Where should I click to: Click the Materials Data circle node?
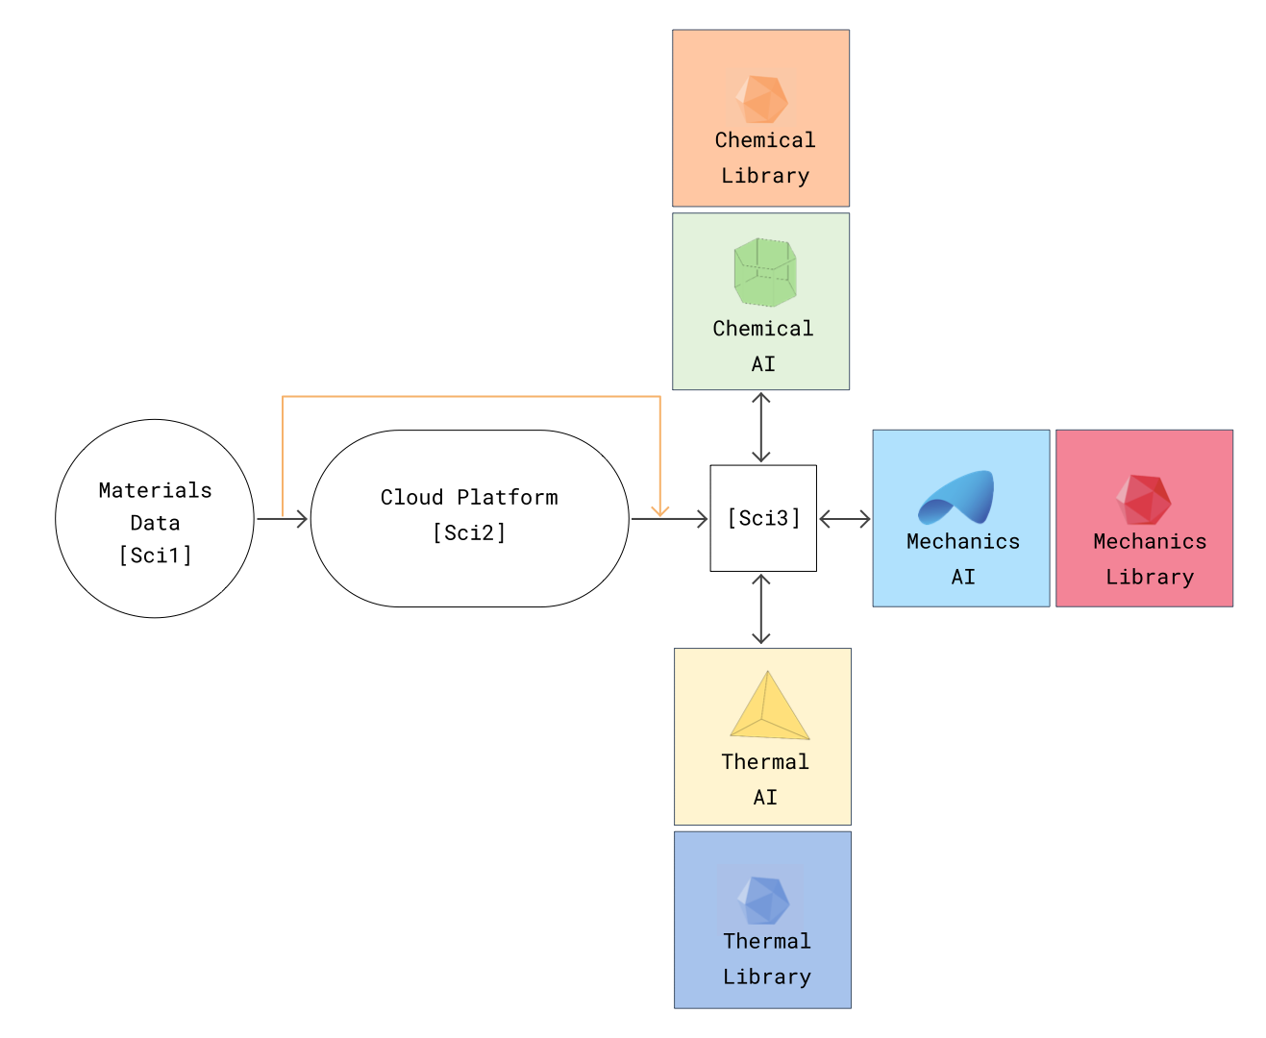point(155,518)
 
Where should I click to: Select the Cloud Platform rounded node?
point(469,518)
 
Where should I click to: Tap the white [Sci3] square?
point(763,518)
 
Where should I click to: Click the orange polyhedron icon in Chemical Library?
point(761,97)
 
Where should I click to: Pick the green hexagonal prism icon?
point(765,272)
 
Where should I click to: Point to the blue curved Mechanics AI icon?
point(956,497)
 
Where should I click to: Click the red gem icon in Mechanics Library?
point(1143,499)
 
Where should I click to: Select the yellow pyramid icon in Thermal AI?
point(769,706)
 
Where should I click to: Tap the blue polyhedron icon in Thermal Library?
point(763,899)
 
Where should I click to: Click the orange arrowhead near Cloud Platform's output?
point(659,510)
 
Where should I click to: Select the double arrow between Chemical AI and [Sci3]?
point(761,428)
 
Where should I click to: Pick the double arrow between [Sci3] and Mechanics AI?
point(844,519)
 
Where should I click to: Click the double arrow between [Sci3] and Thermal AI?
point(761,609)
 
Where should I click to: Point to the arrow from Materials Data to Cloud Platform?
point(283,519)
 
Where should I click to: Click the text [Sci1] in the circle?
point(155,556)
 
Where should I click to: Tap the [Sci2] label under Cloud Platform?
point(469,532)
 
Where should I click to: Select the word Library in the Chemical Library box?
point(765,176)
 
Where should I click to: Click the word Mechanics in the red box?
point(1150,542)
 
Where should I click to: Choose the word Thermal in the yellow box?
point(765,762)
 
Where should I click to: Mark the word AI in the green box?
point(763,364)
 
